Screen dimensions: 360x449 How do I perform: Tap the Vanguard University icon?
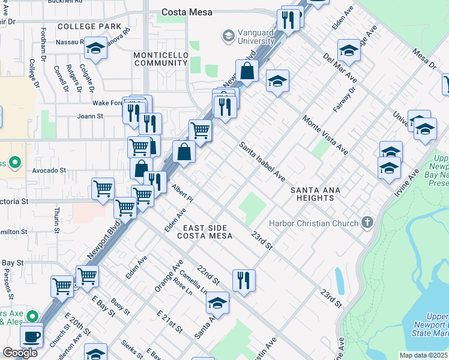coord(228,37)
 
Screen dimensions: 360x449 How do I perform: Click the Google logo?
coord(20,353)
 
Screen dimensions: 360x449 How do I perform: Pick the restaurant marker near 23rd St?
coord(244,280)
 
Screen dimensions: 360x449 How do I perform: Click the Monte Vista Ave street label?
coord(325,134)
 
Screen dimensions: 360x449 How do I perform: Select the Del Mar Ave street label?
coord(340,73)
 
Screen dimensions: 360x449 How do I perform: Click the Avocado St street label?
coord(49,170)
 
